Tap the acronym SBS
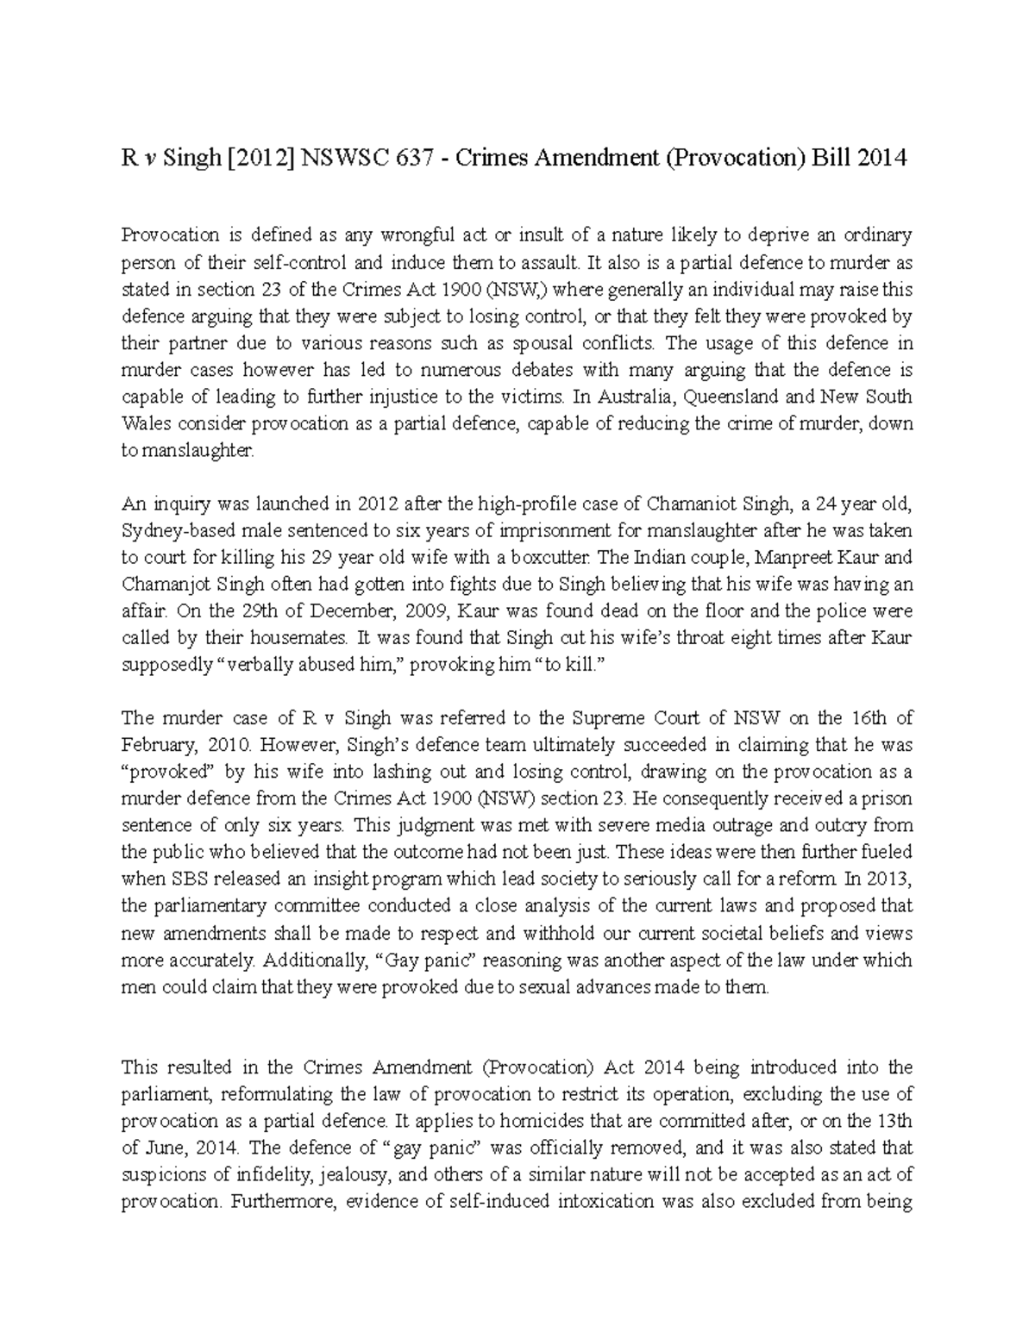[179, 879]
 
